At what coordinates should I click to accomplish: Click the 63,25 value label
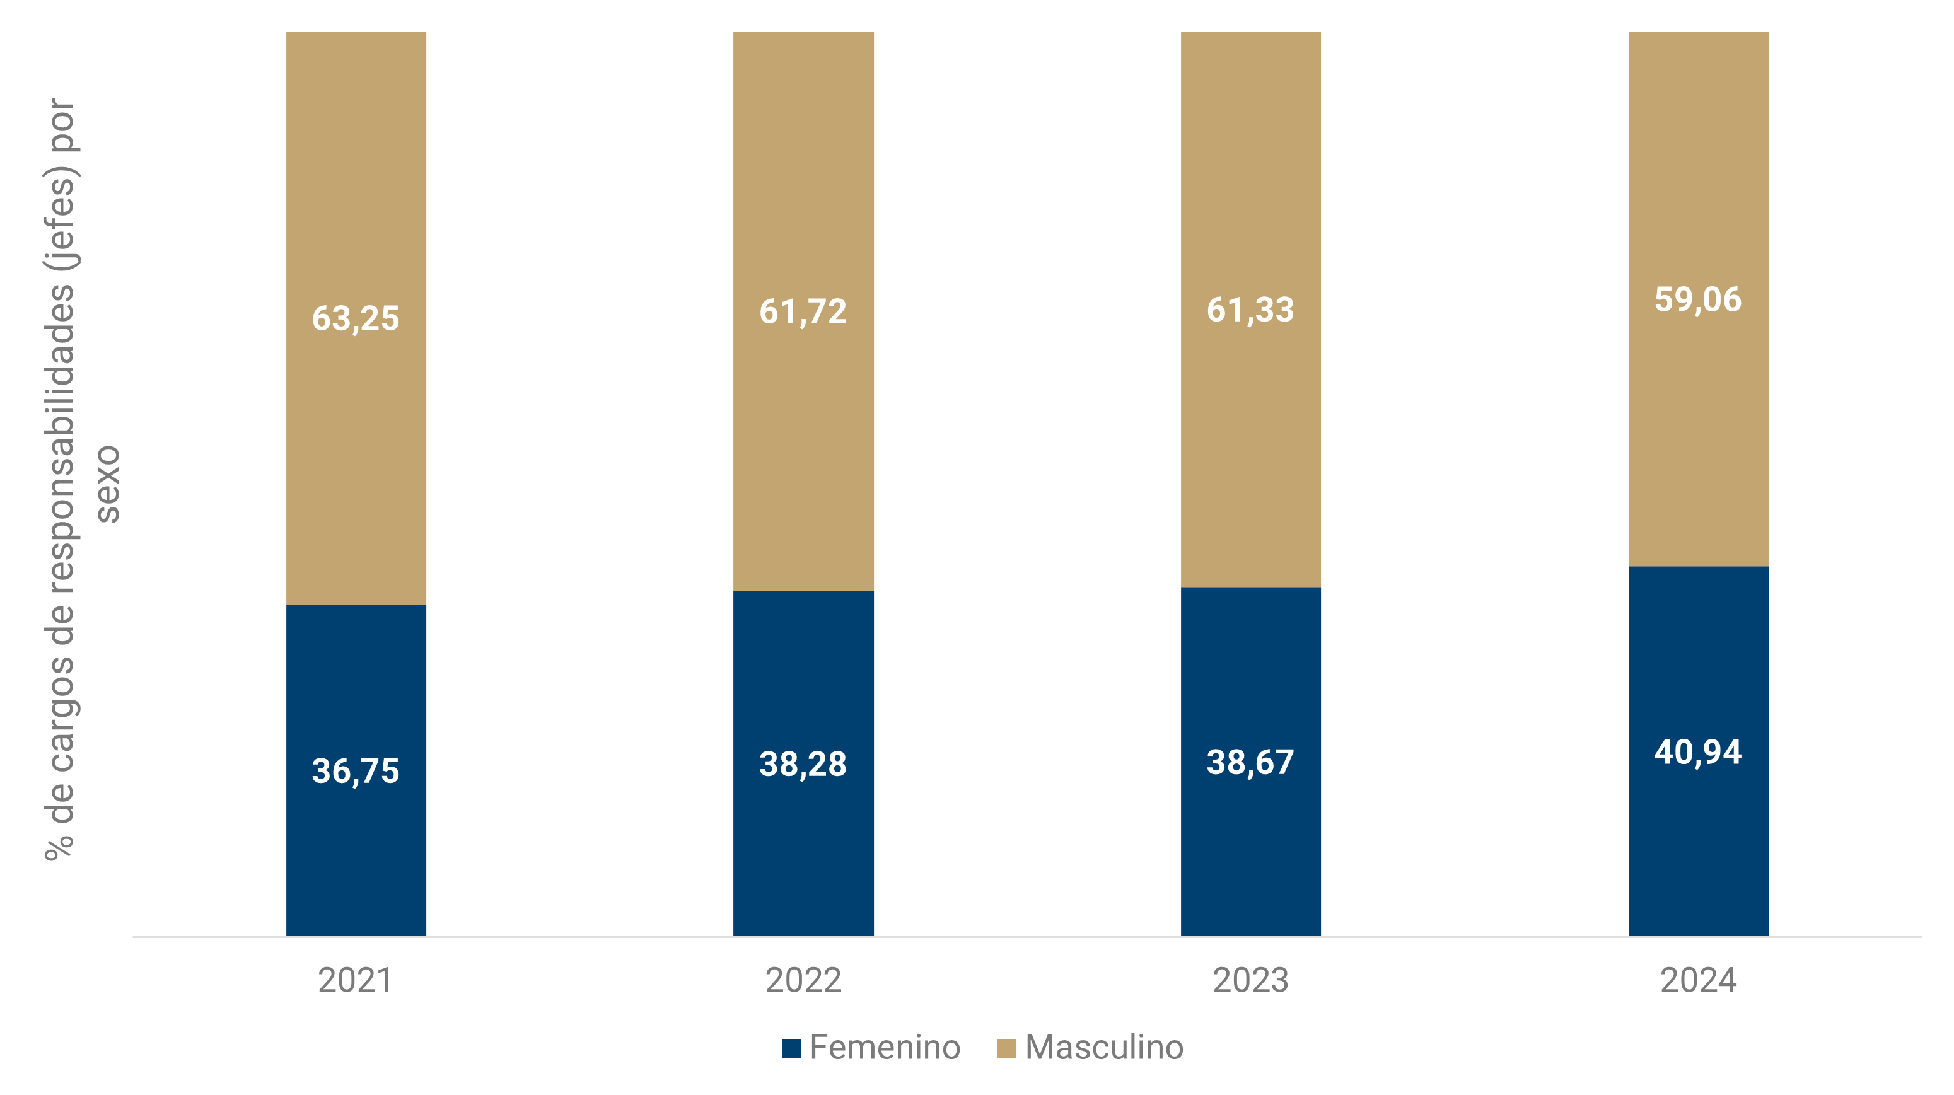pos(355,318)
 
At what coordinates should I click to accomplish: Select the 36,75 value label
pos(355,771)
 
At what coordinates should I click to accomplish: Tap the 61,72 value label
pos(803,311)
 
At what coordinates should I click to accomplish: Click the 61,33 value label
pos(1250,310)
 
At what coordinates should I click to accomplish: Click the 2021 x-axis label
pos(355,980)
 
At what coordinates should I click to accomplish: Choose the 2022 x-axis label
pos(803,980)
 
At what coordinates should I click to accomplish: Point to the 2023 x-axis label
pos(1250,980)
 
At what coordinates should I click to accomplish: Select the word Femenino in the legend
pos(885,1048)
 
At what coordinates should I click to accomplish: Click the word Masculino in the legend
pos(1103,1048)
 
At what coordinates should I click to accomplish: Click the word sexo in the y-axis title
pos(107,484)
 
